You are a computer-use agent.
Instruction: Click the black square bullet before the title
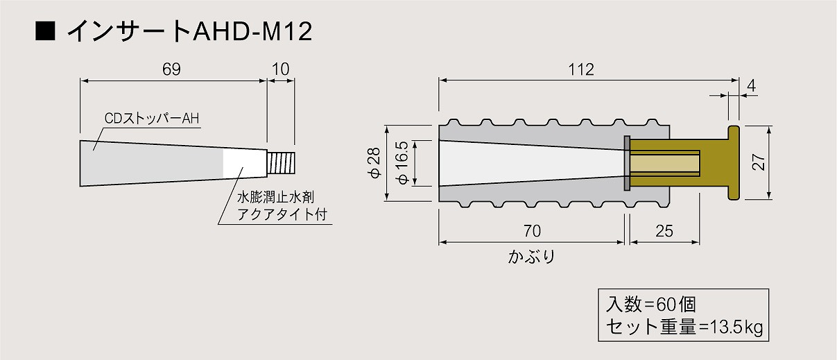tap(45, 31)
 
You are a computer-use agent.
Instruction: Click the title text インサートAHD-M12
tap(189, 31)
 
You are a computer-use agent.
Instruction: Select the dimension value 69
tap(171, 69)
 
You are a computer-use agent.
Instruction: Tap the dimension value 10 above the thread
tap(281, 69)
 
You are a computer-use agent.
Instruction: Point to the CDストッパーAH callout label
tap(152, 119)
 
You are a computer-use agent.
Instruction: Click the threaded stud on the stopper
tap(282, 162)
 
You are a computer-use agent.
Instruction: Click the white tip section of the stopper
tap(245, 164)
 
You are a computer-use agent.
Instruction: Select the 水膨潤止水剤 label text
tap(276, 197)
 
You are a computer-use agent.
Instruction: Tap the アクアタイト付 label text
tap(282, 214)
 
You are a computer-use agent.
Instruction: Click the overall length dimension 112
tap(581, 69)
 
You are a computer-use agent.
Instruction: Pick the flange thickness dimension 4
tap(751, 86)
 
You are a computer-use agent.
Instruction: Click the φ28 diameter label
tap(374, 162)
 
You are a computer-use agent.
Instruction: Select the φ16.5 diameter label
tap(402, 162)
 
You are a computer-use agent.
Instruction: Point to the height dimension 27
tap(758, 162)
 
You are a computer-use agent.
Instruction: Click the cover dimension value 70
tap(532, 231)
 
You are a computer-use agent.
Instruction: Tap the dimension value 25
tap(664, 231)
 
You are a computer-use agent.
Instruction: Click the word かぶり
tap(532, 257)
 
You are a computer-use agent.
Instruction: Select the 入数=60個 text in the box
tap(650, 305)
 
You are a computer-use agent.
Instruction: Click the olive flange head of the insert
tap(734, 162)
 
